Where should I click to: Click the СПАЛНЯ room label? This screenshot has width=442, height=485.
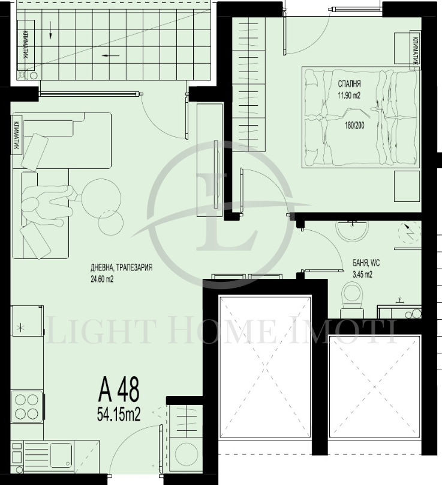point(349,84)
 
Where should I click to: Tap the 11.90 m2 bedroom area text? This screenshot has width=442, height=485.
point(349,96)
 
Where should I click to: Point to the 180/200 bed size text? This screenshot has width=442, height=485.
point(354,125)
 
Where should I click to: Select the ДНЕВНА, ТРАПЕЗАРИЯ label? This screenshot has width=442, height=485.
point(121,267)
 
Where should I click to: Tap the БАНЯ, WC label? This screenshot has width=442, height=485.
point(366,263)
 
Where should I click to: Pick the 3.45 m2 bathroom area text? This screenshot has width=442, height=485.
point(362,275)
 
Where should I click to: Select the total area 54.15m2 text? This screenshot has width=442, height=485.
point(119,415)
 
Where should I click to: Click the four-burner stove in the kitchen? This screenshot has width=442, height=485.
point(27,406)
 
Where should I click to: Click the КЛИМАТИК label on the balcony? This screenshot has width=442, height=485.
point(25,44)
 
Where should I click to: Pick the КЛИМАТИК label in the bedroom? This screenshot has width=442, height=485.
point(415,50)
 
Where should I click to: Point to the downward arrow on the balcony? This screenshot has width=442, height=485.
point(50,34)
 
